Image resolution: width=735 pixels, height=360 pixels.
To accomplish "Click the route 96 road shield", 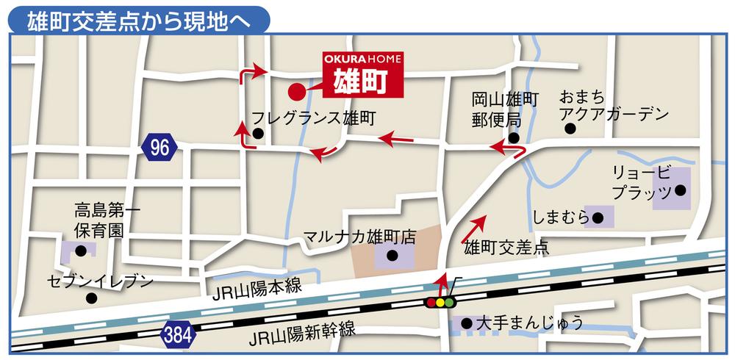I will [159, 147].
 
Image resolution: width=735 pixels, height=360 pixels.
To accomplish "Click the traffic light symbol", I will [441, 302].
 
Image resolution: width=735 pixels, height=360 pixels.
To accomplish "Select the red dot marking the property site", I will [295, 92].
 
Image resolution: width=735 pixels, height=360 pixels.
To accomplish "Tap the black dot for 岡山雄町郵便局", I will [514, 137].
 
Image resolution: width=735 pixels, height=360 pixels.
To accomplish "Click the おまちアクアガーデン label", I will [614, 105].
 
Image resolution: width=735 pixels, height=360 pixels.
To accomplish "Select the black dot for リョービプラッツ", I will [680, 190].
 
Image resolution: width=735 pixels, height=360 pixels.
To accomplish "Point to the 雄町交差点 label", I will [506, 248].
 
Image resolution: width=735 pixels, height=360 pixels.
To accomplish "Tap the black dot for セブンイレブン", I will [91, 298].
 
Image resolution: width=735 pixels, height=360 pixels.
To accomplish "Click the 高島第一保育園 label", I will [107, 219].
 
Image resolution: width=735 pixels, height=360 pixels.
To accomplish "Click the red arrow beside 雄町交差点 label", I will [473, 228].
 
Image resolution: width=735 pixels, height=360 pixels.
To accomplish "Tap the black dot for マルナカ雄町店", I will [392, 256].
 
